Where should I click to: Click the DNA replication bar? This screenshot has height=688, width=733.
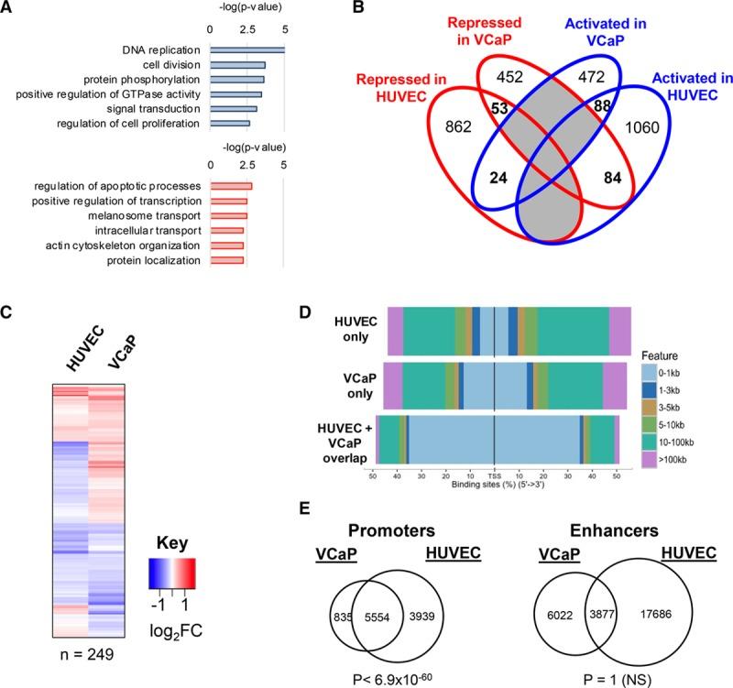[x=247, y=49]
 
